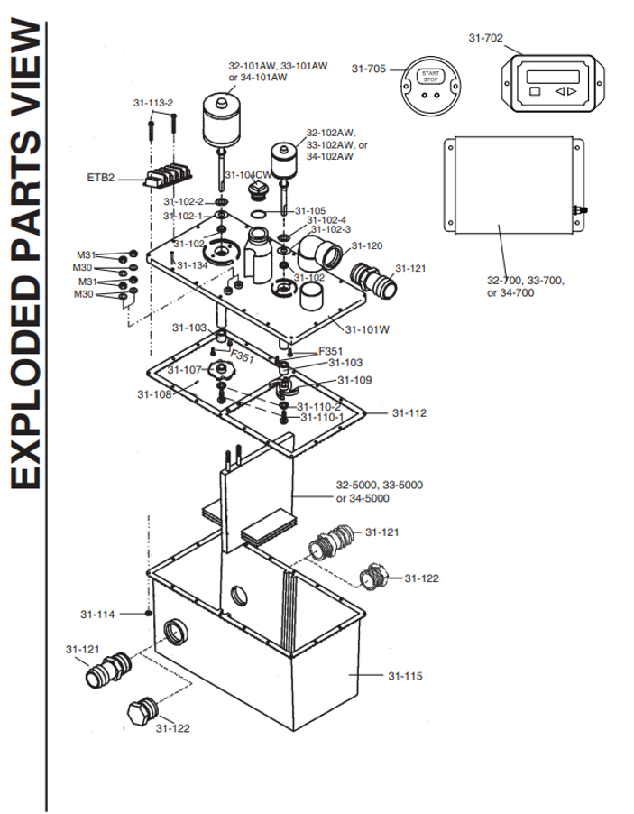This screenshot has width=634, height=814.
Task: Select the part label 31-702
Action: [485, 38]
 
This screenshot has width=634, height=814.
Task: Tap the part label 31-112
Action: [409, 413]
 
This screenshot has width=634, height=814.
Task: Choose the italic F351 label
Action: [243, 357]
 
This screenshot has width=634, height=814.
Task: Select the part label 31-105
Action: [309, 210]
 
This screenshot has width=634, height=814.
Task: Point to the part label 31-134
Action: [193, 265]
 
